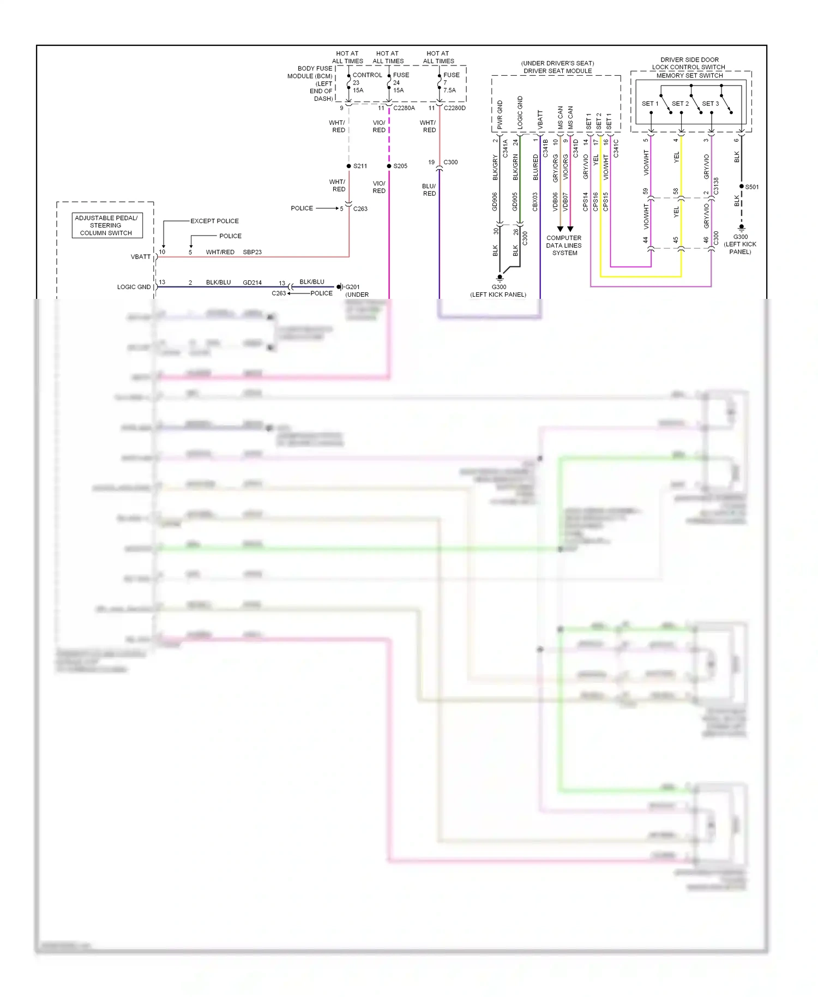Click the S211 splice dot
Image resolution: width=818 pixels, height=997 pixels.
[x=349, y=166]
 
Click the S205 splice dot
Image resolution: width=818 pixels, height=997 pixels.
[x=389, y=166]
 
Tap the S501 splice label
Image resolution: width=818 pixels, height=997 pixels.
[x=752, y=187]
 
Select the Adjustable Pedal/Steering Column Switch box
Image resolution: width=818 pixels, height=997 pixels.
[x=107, y=225]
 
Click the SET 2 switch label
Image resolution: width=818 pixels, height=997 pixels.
[x=680, y=104]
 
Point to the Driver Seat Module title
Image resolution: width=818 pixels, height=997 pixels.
[x=557, y=71]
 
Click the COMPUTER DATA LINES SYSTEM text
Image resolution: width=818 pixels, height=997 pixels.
[x=564, y=245]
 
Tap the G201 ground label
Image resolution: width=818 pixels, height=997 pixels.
[x=352, y=287]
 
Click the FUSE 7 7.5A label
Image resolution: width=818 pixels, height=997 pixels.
[x=450, y=83]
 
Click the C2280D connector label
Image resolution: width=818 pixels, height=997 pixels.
[x=454, y=108]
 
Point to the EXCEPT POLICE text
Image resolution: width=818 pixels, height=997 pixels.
[x=214, y=221]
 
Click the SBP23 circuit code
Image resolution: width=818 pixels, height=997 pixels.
[x=252, y=252]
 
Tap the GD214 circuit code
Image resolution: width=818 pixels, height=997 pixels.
[x=252, y=283]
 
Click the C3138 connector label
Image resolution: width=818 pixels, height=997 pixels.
[x=716, y=186]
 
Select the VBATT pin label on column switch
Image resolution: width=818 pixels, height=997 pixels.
[x=141, y=257]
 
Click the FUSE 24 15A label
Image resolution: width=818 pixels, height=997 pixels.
[x=400, y=83]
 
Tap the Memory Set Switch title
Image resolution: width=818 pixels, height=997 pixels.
[x=689, y=76]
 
